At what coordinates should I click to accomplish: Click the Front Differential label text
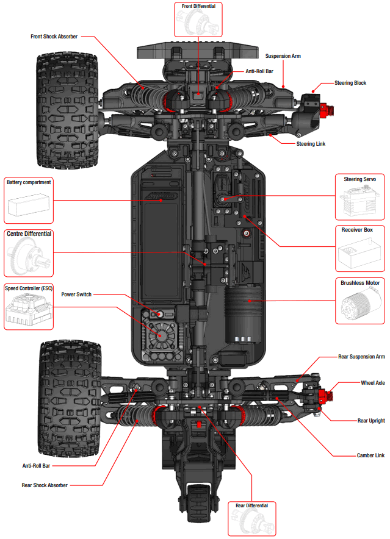pos(198,6)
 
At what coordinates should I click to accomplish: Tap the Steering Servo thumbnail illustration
pos(359,202)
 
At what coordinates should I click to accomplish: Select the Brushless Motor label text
pos(359,283)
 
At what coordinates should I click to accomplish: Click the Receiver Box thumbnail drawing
pos(359,253)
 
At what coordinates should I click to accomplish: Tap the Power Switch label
pos(76,294)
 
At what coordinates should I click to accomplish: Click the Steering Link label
pos(311,144)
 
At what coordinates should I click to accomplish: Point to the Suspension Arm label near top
pos(283,56)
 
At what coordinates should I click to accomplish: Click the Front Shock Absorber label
pos(54,37)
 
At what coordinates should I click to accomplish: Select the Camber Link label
pos(370,455)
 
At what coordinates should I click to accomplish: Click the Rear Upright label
pos(370,421)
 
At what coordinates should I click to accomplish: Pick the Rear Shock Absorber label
pos(45,485)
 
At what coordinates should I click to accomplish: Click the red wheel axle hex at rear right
pos(329,396)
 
